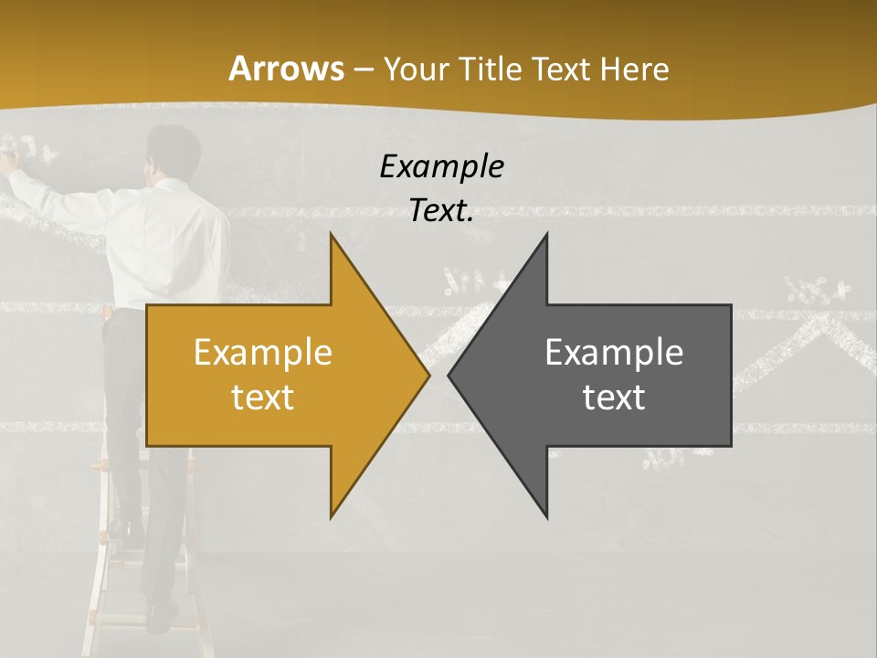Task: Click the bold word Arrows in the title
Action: coord(286,69)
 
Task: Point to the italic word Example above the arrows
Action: coord(441,166)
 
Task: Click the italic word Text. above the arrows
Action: coord(441,211)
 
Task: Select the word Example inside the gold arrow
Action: coord(263,352)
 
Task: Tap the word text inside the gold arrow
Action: coord(263,397)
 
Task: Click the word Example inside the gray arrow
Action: coord(614,352)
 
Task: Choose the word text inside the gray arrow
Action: coord(614,397)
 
